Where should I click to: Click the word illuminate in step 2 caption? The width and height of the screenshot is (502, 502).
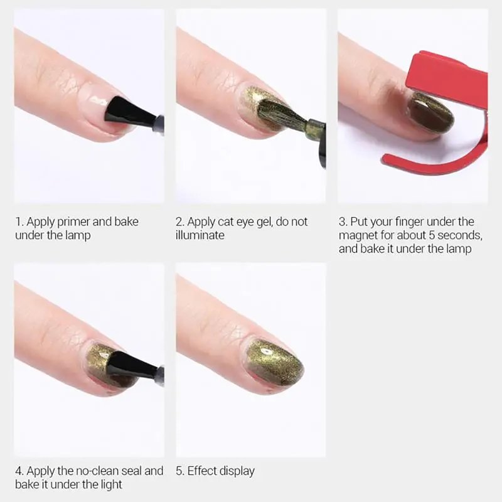coord(200,235)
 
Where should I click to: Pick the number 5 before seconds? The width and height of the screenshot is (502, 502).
coord(432,236)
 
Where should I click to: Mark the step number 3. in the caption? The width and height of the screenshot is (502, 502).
coord(343,222)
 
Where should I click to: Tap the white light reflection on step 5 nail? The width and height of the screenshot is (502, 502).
coord(265,352)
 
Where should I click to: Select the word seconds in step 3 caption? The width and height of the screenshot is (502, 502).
coord(460,236)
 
